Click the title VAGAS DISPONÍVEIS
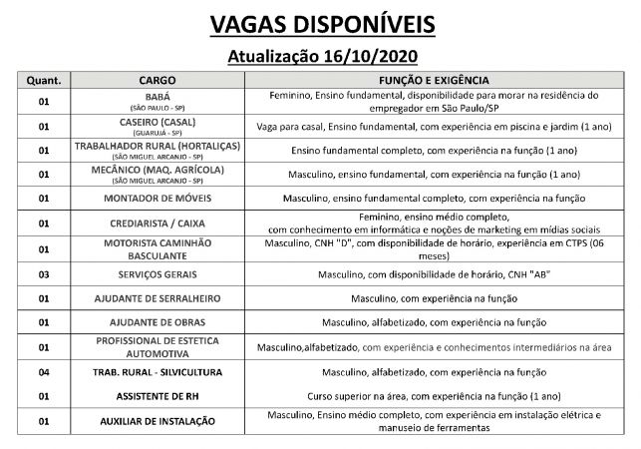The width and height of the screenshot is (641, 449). [320, 23]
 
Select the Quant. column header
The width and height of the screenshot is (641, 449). [43, 78]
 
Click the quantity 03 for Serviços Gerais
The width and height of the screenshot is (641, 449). [43, 273]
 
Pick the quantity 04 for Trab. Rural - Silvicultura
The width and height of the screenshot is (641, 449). [43, 372]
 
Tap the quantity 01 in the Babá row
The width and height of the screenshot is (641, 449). [43, 101]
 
